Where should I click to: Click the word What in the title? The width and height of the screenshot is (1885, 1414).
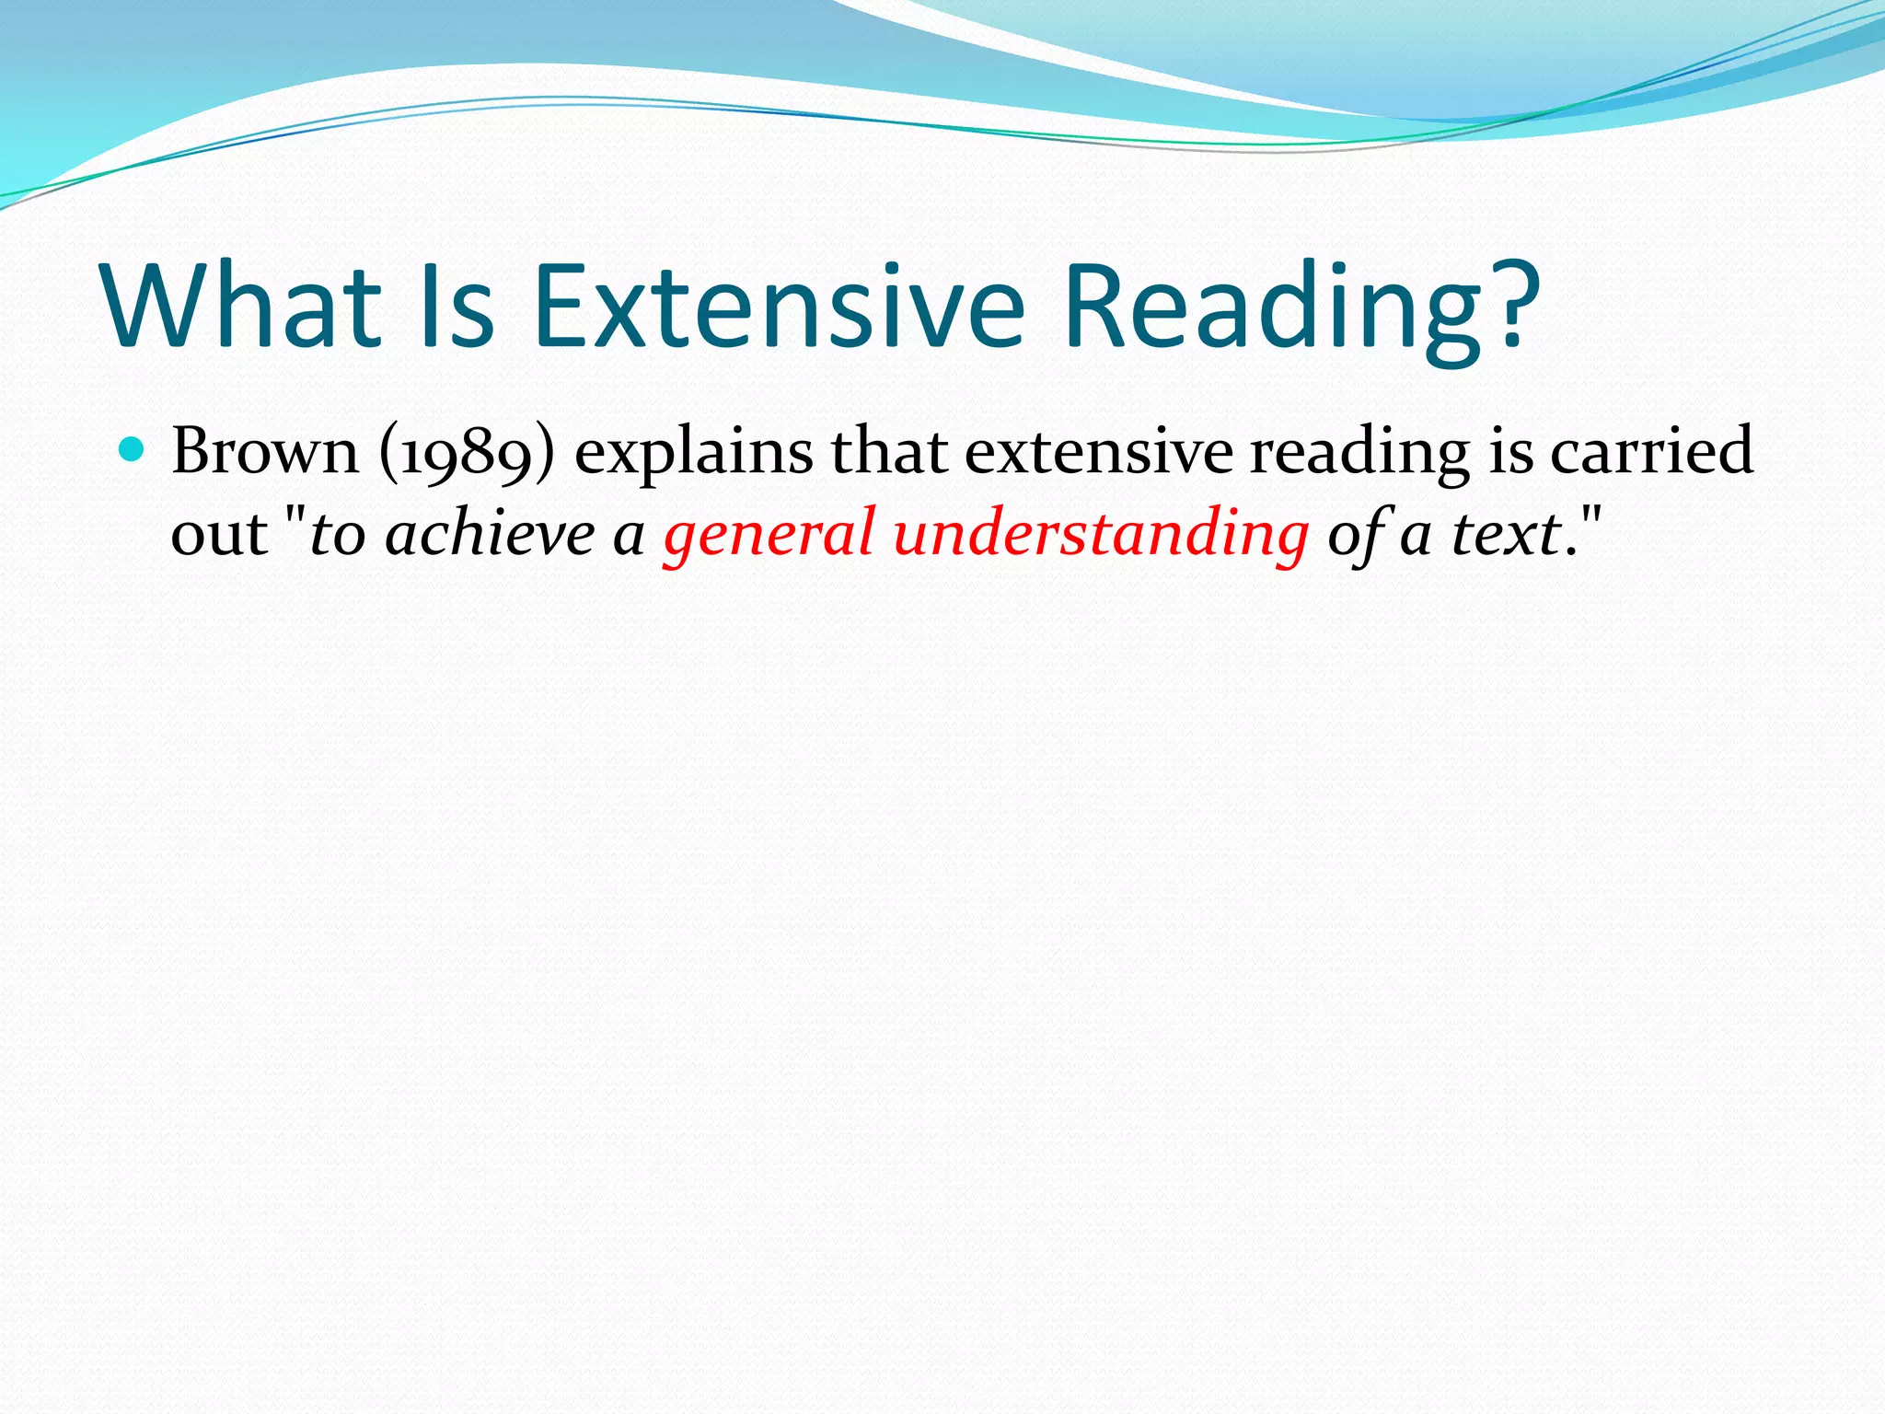pyautogui.click(x=241, y=306)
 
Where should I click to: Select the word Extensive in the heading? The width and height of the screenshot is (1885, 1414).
pyautogui.click(x=778, y=306)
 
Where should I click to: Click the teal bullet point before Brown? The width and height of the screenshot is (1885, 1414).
pyautogui.click(x=133, y=450)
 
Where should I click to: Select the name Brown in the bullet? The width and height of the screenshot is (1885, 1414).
pyautogui.click(x=265, y=451)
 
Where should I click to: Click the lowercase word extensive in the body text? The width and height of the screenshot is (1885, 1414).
pyautogui.click(x=1097, y=451)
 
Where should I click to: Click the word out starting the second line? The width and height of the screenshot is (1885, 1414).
pyautogui.click(x=219, y=534)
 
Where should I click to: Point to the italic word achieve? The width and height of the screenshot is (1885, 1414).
pyautogui.click(x=491, y=534)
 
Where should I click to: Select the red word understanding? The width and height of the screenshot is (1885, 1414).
pyautogui.click(x=1100, y=534)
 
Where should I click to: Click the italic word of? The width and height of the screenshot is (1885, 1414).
pyautogui.click(x=1357, y=534)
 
